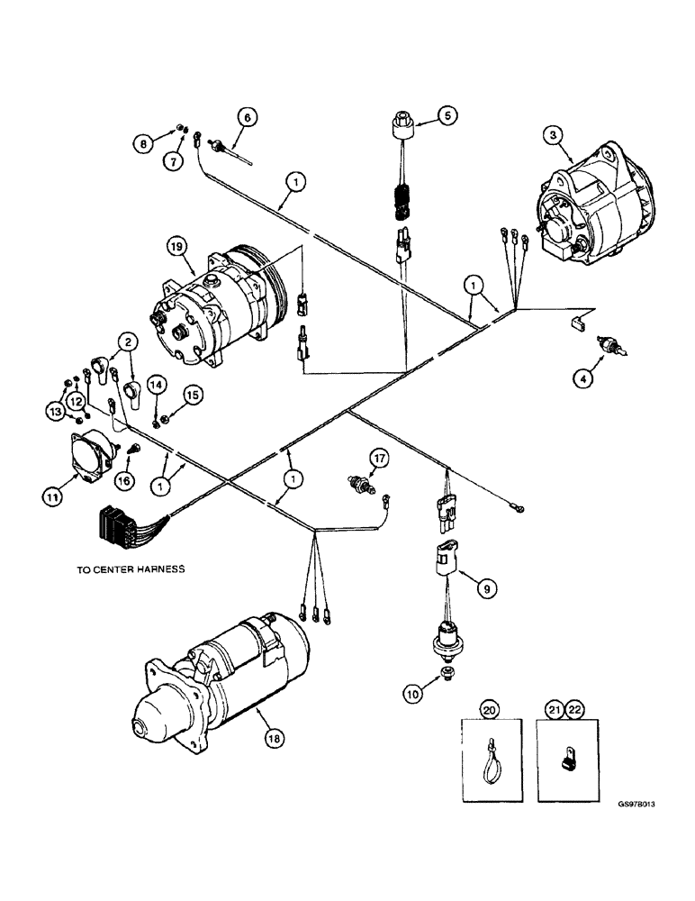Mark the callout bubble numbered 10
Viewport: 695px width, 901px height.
click(411, 693)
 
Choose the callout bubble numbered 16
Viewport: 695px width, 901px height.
click(124, 481)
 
